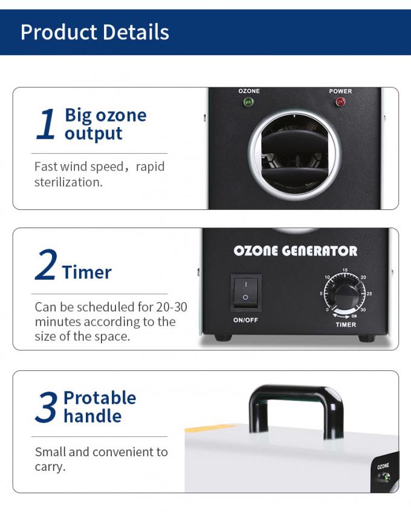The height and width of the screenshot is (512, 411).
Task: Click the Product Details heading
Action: tap(95, 31)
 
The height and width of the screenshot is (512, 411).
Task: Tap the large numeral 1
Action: tap(45, 125)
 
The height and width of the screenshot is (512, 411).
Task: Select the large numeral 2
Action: tap(45, 266)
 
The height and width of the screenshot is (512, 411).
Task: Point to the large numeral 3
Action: tap(46, 407)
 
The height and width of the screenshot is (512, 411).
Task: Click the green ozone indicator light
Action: tap(248, 102)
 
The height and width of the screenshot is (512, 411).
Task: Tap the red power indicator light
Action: tap(340, 102)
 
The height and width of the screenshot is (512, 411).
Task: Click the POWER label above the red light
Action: tap(340, 91)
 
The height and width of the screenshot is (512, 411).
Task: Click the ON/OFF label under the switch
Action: tap(245, 320)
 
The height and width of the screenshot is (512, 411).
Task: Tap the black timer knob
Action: tap(346, 295)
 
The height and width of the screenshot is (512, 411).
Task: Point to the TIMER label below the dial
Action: tap(346, 324)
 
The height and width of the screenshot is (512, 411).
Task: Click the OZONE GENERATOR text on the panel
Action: tap(295, 251)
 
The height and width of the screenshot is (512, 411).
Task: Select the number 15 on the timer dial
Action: tap(345, 270)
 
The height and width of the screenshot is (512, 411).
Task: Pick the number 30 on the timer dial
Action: tap(363, 310)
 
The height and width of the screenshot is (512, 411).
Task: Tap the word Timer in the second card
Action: tap(86, 272)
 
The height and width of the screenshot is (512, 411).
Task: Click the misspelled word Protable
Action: tap(100, 398)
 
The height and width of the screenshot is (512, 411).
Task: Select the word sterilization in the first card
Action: tap(68, 182)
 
